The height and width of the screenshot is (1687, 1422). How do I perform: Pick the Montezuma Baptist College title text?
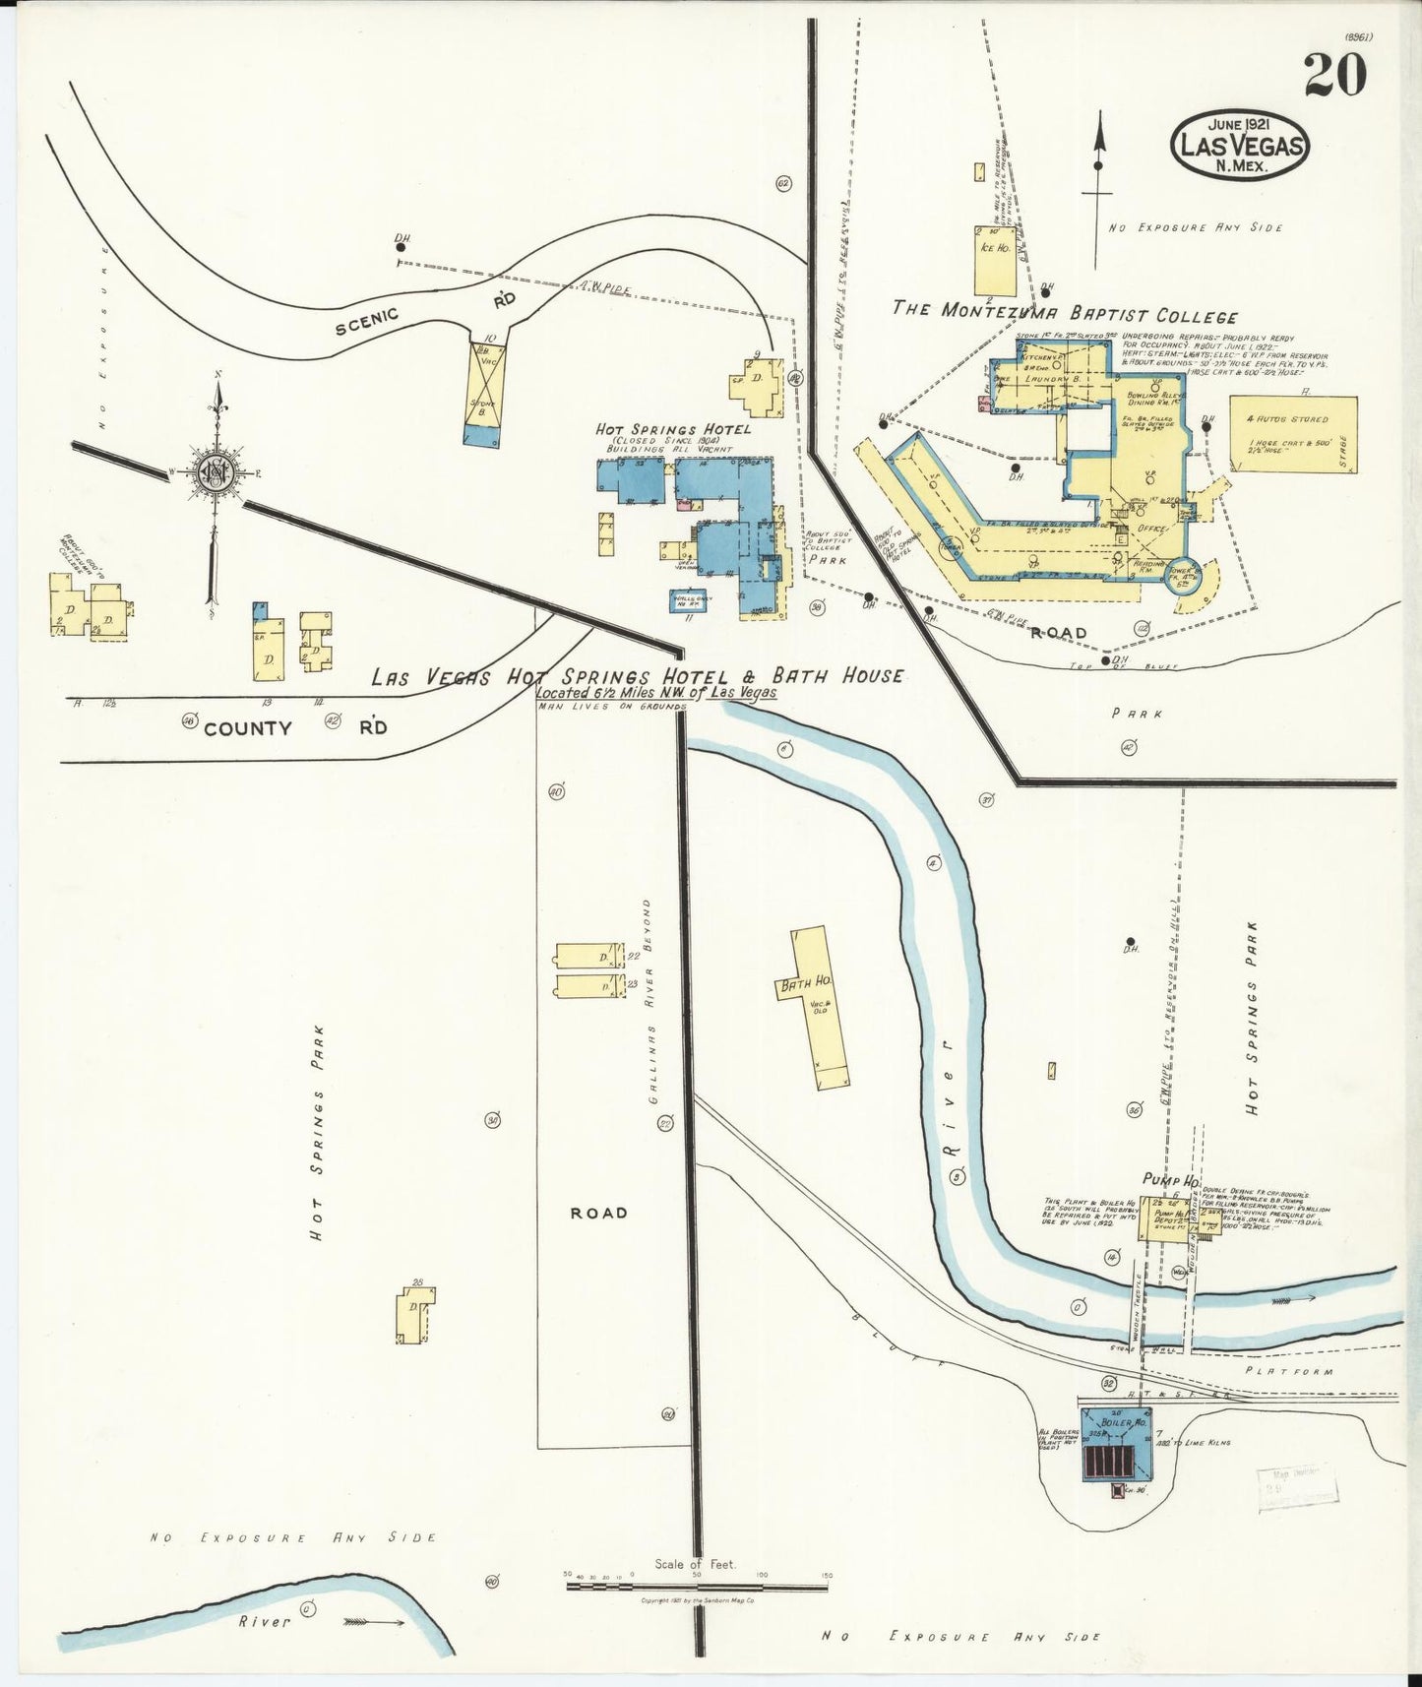click(x=1064, y=315)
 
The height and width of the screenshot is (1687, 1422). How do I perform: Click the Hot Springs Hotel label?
click(x=672, y=429)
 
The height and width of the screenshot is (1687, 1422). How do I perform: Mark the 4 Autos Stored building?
click(x=1292, y=433)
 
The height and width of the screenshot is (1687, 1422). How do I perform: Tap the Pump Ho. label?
click(x=1168, y=1179)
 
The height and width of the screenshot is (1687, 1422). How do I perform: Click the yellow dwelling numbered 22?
click(x=587, y=957)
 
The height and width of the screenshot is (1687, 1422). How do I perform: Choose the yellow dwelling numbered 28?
click(x=412, y=1316)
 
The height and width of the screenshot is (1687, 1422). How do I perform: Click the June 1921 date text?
click(x=1238, y=126)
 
